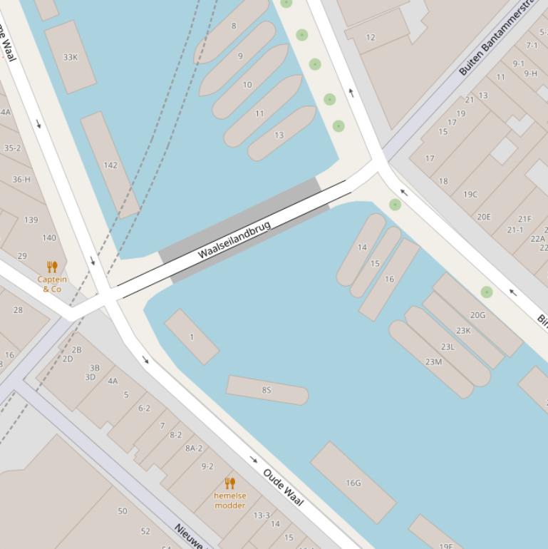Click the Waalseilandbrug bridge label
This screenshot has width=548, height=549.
234,240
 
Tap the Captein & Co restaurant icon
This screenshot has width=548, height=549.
52,267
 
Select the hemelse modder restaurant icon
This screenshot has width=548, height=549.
229,483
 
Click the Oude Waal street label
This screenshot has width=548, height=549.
283,487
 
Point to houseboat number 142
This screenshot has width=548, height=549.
110,165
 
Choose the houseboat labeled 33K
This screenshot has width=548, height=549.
70,57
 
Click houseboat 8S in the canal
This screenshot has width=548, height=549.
267,390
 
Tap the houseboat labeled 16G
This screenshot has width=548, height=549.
353,483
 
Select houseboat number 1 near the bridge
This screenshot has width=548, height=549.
192,337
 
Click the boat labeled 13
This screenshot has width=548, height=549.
279,135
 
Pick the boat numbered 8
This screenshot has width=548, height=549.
233,26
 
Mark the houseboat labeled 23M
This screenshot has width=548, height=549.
433,361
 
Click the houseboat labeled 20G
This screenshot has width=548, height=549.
477,314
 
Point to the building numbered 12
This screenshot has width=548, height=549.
371,37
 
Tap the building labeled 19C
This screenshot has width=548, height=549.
470,194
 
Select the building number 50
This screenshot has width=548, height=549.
123,510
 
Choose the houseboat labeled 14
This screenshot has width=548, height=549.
362,247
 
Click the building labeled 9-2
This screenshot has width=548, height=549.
207,466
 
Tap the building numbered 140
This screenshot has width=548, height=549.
49,238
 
